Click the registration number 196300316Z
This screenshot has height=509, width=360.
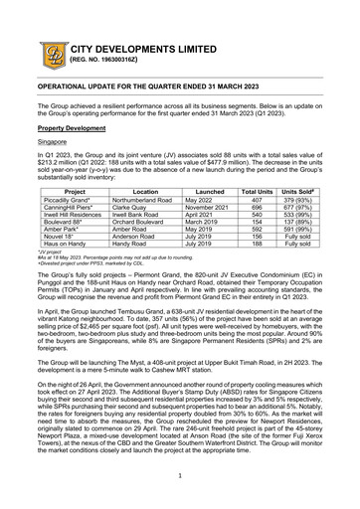coord(107,62)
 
